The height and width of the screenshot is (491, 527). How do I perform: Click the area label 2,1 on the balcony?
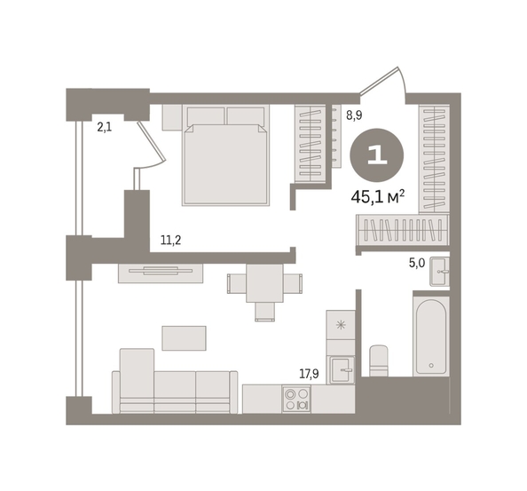point(105,127)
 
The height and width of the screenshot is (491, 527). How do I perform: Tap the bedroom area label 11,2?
point(170,240)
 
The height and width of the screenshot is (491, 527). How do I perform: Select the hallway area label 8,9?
point(354,115)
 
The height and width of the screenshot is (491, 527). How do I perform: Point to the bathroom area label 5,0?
point(417,263)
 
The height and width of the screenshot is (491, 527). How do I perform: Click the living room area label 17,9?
point(310,374)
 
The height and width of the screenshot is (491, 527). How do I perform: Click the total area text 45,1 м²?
point(377,197)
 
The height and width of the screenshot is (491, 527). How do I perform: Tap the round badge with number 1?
point(377,155)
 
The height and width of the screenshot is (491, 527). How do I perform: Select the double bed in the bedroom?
point(225,155)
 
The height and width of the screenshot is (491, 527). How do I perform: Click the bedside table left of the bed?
point(172,117)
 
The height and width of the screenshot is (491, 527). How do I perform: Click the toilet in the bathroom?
point(379,360)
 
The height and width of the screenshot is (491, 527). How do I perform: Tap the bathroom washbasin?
point(439,272)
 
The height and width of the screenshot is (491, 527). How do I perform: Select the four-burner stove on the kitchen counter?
point(296,400)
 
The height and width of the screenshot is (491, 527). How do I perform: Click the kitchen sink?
point(341,370)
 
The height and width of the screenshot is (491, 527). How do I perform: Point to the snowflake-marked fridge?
point(341,325)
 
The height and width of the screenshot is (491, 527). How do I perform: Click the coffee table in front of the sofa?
point(185,338)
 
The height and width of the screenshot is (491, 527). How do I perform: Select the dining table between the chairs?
point(264,283)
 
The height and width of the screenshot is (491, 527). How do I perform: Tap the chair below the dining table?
point(265,312)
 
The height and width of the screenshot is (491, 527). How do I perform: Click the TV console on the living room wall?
point(161,273)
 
